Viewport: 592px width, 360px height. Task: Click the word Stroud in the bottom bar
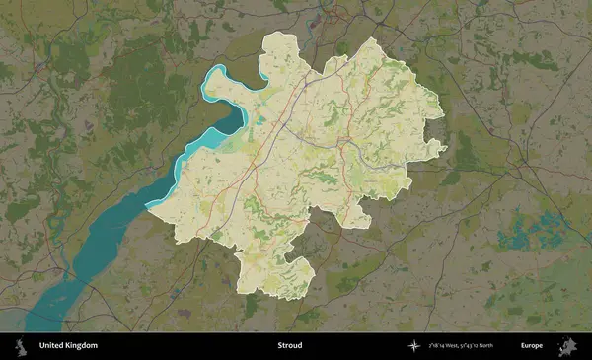(x=289, y=346)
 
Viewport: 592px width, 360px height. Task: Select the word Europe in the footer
(x=532, y=346)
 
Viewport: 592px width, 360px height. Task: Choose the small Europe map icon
(x=567, y=346)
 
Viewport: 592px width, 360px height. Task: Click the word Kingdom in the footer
(x=82, y=346)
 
